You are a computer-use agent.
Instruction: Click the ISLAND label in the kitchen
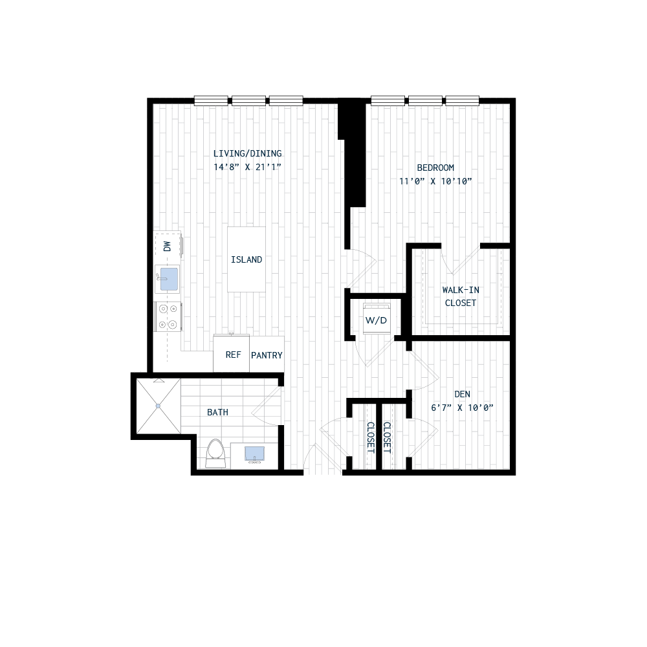(247, 260)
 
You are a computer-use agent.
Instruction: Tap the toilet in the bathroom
(215, 452)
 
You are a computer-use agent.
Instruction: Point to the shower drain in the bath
(158, 406)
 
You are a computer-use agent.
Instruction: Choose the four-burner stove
(167, 317)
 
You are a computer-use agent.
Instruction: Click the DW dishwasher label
(166, 247)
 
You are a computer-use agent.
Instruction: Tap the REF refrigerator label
(232, 355)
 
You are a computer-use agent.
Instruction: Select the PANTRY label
(267, 355)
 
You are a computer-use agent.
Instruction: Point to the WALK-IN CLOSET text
(460, 296)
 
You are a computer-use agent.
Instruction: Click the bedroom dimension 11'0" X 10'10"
(432, 181)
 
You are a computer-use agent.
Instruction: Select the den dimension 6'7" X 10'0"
(462, 408)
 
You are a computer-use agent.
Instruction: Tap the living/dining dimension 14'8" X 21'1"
(247, 167)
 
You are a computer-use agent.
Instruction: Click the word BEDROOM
(432, 168)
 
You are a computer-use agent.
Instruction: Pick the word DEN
(462, 394)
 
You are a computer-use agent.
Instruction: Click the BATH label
(217, 412)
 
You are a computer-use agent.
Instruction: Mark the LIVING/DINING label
(247, 154)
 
